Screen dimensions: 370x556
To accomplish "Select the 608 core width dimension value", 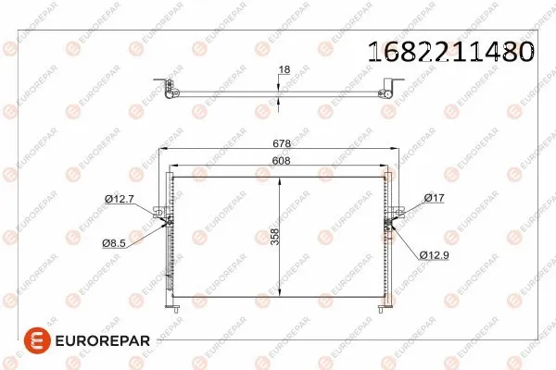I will click(x=279, y=160).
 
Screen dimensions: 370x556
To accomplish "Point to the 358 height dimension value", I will click(x=274, y=237).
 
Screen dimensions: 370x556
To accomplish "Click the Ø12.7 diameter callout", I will click(x=120, y=198).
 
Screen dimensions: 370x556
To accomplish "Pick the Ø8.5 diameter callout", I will click(x=116, y=242).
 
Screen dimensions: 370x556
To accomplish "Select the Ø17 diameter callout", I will click(x=434, y=198).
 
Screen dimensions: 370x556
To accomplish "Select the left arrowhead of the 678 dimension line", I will click(x=165, y=151).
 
